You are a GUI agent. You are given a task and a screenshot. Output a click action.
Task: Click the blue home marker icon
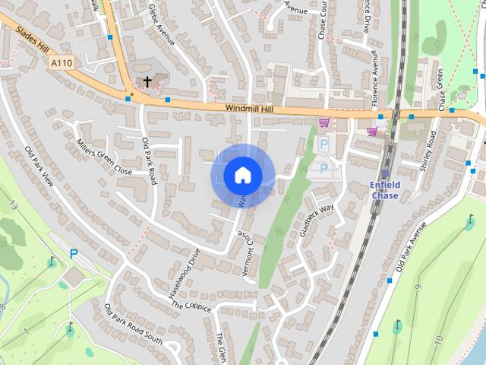(x=242, y=176)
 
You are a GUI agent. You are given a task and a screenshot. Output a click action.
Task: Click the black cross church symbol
(x=147, y=80)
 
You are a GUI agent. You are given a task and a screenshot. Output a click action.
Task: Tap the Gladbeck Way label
(x=317, y=221)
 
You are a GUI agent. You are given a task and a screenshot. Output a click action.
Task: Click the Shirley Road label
(x=429, y=151)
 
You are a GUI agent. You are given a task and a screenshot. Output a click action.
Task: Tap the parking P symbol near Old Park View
(x=74, y=254)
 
